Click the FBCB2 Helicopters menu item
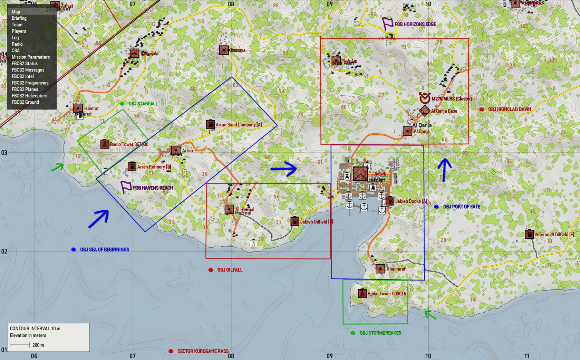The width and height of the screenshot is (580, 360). pos(29,96)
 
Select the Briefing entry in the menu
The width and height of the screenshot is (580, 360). pos(19,18)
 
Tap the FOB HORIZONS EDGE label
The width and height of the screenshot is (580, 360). pos(415,24)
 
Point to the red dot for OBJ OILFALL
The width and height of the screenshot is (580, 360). pos(211,270)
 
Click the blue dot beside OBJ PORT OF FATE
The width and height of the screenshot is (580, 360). pos(436,207)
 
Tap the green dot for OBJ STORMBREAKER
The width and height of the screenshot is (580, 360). pos(352,333)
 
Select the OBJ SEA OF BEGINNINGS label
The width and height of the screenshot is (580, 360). pos(105,249)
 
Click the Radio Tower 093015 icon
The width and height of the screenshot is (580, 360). pos(362,293)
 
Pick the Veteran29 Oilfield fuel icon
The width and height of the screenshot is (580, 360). pos(529,234)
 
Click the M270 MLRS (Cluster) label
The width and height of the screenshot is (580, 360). pos(452,98)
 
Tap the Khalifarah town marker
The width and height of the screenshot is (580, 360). pos(380,268)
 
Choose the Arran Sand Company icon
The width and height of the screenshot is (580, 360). pos(210,124)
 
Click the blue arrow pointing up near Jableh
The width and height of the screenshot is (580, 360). pos(444,169)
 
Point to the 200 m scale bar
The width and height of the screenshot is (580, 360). pos(20,345)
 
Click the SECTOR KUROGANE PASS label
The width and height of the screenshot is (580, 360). pos(203,351)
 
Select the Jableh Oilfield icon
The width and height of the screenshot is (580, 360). pos(294,221)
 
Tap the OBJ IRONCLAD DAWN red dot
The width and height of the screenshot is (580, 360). pos(482,109)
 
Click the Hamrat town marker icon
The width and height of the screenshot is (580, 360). pos(78,108)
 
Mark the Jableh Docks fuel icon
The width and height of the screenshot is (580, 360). pos(390,201)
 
